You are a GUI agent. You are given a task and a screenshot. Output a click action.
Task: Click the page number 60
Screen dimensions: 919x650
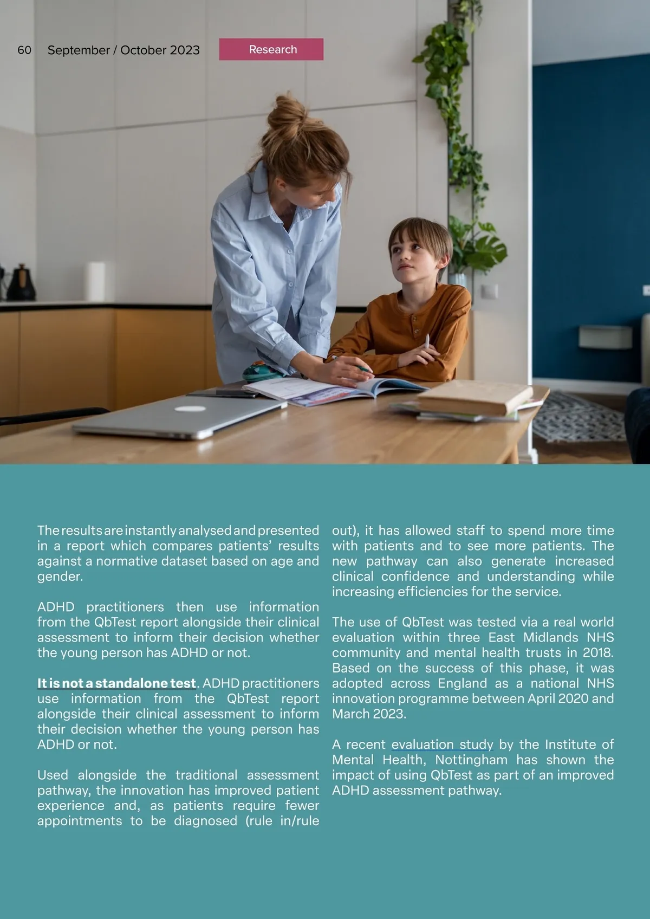point(24,50)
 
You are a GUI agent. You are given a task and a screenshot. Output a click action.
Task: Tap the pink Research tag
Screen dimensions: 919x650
point(271,49)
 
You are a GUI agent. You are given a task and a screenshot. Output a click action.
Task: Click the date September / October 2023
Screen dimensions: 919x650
point(123,50)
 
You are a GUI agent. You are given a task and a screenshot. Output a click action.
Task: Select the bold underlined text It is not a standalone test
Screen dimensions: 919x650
point(116,683)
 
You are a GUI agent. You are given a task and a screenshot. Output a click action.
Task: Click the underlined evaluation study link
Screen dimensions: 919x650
point(442,745)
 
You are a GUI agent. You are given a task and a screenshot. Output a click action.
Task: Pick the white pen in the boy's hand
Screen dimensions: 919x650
point(427,342)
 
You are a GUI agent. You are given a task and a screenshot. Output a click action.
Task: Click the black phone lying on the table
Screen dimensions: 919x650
point(237,393)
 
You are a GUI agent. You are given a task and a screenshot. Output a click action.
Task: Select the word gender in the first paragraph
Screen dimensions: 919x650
point(60,577)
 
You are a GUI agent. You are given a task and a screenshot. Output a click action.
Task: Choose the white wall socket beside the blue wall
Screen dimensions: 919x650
point(489,292)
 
